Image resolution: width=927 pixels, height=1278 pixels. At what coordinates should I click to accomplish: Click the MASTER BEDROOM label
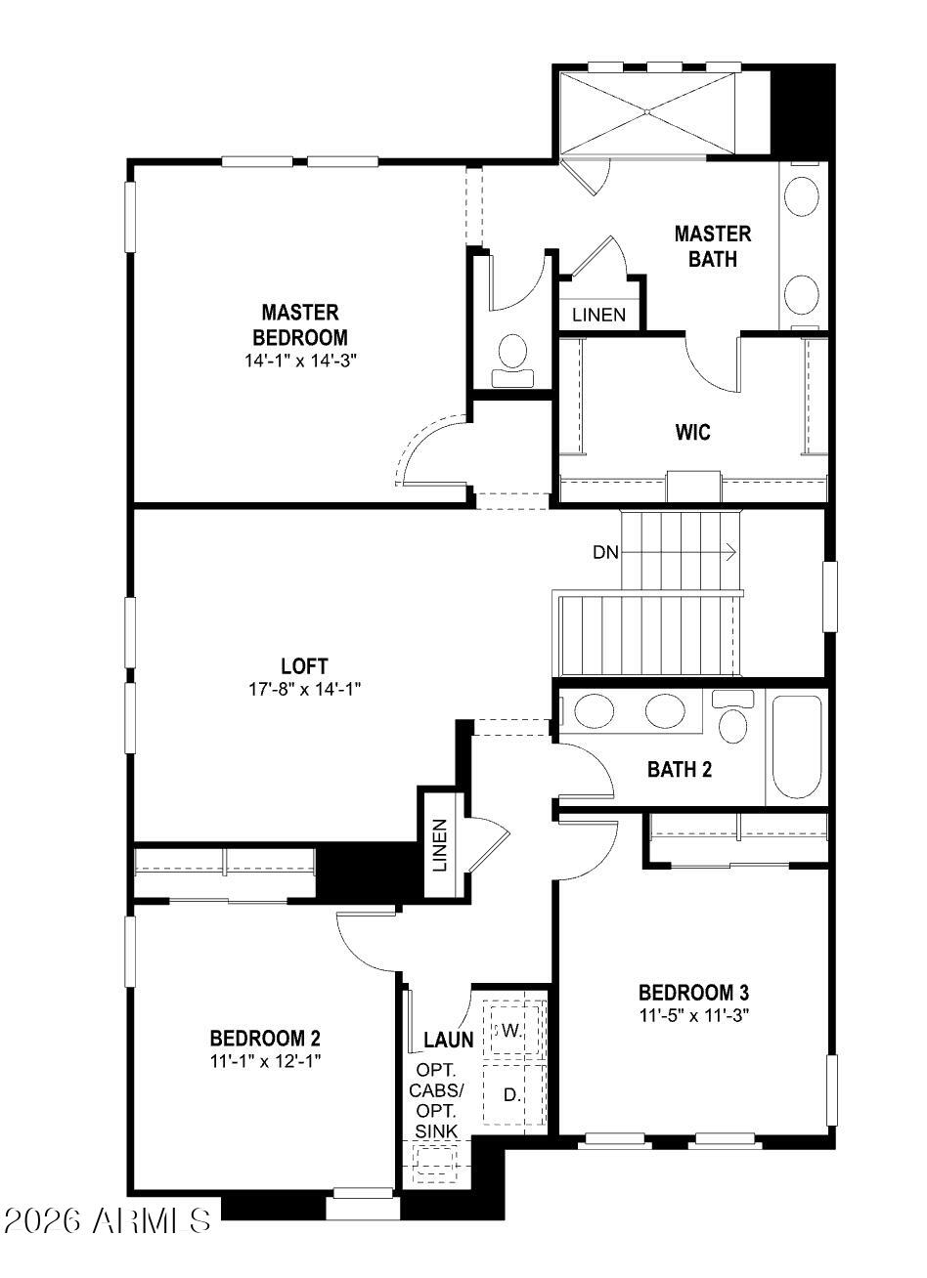(x=300, y=324)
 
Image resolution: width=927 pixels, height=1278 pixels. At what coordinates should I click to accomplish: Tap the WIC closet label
(x=692, y=432)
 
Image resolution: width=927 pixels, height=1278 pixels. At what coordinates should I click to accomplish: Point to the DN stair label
(x=605, y=552)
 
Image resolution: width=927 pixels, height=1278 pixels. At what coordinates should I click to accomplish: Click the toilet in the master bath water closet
(x=512, y=353)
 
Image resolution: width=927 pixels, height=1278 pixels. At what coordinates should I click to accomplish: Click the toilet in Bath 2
(x=732, y=718)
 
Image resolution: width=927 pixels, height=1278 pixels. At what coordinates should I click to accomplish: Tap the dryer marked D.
(x=510, y=1095)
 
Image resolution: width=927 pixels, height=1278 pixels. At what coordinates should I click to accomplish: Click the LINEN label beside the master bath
(x=598, y=315)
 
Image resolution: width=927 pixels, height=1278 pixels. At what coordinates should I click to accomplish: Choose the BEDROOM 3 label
(x=694, y=993)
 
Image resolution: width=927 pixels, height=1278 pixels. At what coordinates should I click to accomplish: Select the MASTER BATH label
(x=713, y=246)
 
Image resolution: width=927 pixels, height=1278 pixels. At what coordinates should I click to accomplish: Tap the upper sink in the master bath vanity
(x=803, y=196)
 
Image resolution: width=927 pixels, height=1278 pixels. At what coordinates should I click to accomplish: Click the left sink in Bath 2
(x=594, y=710)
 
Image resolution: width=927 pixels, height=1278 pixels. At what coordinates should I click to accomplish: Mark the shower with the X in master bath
(x=647, y=111)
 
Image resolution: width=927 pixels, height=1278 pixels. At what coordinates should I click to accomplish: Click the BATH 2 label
(x=680, y=769)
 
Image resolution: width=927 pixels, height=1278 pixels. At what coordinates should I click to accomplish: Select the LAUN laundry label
(x=449, y=1039)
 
